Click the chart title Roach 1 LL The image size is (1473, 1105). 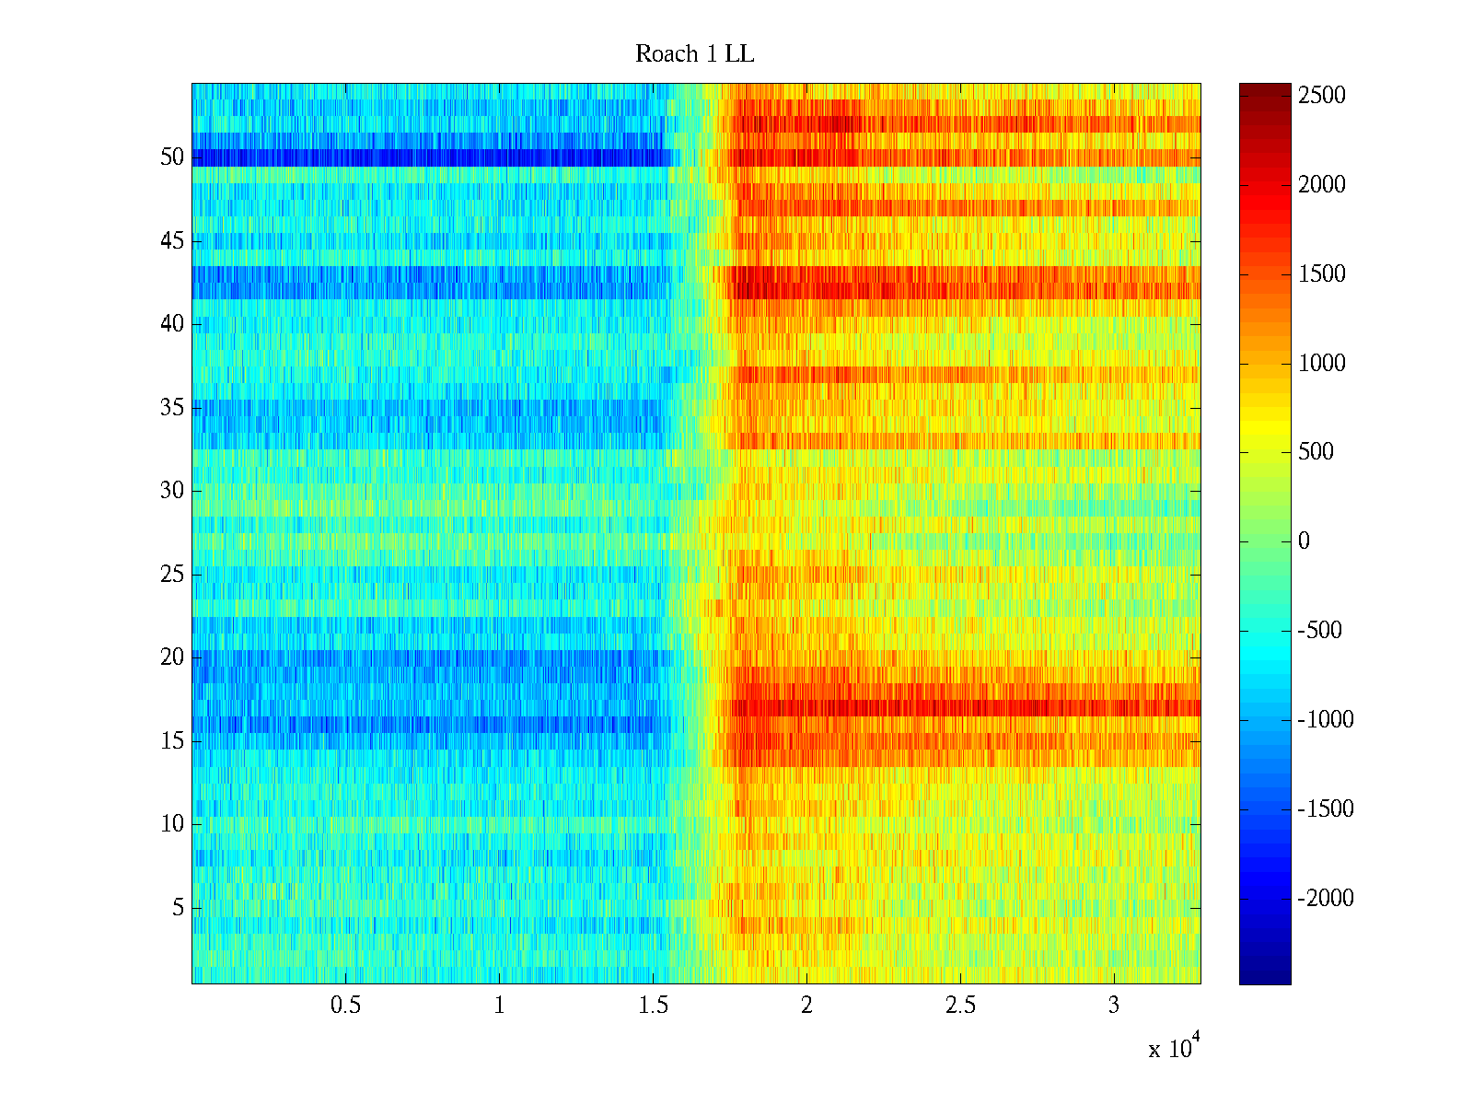[694, 54]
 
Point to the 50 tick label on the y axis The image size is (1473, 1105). [172, 157]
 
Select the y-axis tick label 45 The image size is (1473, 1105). [172, 241]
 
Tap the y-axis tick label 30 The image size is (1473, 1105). [172, 491]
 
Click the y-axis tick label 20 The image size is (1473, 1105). [172, 657]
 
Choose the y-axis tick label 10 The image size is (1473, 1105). [172, 824]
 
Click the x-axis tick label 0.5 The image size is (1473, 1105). [345, 1006]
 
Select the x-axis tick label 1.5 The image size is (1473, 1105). [653, 1006]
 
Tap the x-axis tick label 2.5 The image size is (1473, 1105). [960, 1006]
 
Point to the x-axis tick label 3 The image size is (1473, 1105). [1114, 1006]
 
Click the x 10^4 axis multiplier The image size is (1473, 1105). [1174, 1047]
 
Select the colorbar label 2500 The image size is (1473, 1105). [1322, 96]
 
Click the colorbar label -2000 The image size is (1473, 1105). [1326, 899]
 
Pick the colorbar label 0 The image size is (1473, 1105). [1304, 541]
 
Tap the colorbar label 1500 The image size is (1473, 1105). [1322, 274]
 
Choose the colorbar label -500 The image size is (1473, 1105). [1320, 631]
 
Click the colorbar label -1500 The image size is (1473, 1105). [1326, 809]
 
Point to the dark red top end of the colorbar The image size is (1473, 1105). [1265, 88]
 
